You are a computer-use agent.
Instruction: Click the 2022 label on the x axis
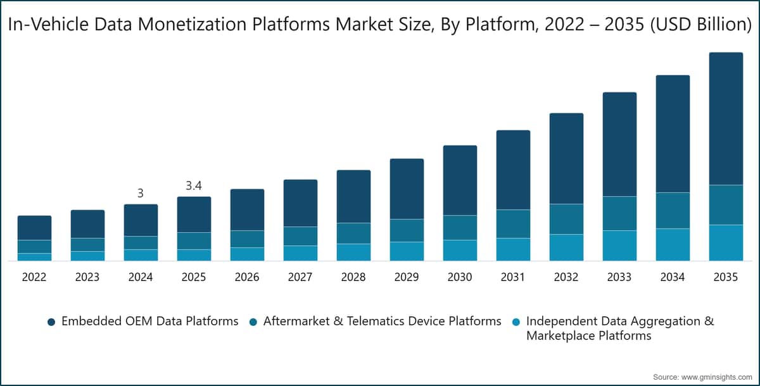(34, 277)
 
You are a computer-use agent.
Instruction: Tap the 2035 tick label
(725, 277)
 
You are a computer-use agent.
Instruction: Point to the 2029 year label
(407, 277)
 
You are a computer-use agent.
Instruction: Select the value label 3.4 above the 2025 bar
(194, 185)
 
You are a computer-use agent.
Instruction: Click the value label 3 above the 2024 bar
(141, 193)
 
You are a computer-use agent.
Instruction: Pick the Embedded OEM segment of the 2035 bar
(726, 118)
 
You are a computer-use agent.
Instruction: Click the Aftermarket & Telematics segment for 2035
(726, 204)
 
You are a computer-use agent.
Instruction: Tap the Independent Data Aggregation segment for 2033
(619, 246)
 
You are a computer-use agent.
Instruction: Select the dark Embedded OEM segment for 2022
(35, 228)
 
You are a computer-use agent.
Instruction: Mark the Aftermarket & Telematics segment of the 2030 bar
(460, 227)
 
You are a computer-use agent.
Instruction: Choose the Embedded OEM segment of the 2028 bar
(353, 197)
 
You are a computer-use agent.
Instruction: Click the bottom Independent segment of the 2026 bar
(248, 254)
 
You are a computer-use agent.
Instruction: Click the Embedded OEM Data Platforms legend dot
(51, 322)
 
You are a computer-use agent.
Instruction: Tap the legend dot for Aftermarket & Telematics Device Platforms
(253, 322)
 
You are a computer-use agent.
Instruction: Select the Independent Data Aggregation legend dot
(516, 322)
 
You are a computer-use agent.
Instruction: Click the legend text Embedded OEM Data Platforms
(149, 321)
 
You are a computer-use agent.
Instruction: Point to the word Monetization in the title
(192, 24)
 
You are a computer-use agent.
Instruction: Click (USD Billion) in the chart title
(701, 25)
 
